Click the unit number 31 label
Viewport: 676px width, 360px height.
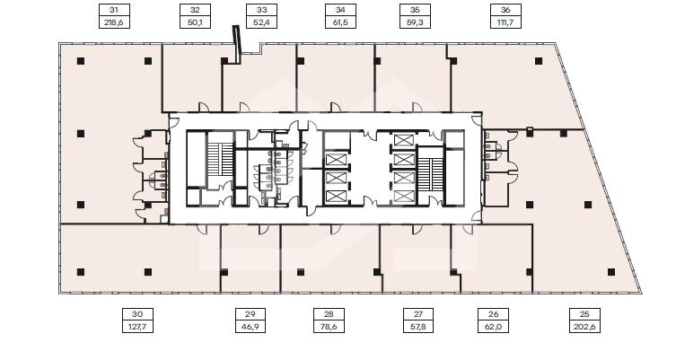[114, 10]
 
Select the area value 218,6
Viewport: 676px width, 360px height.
[114, 22]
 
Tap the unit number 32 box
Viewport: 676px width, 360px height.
[195, 10]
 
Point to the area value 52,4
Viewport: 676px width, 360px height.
[261, 22]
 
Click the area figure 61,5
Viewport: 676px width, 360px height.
[340, 22]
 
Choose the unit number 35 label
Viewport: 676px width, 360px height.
[415, 10]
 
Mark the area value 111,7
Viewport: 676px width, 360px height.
[505, 22]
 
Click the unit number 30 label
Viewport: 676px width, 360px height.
[137, 314]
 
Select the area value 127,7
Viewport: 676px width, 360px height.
[137, 327]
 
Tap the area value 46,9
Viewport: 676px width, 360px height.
[250, 327]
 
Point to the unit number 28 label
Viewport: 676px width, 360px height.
[329, 314]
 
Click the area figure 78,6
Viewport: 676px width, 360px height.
[329, 327]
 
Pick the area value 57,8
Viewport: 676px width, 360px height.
[417, 327]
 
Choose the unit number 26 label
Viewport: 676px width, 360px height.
[494, 314]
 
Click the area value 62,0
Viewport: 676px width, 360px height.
[494, 327]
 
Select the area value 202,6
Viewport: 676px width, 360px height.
[584, 327]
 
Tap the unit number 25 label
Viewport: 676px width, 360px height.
[584, 314]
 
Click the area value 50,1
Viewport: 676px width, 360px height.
[195, 22]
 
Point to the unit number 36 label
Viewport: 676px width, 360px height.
[505, 10]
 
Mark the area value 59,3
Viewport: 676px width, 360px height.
[415, 22]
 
